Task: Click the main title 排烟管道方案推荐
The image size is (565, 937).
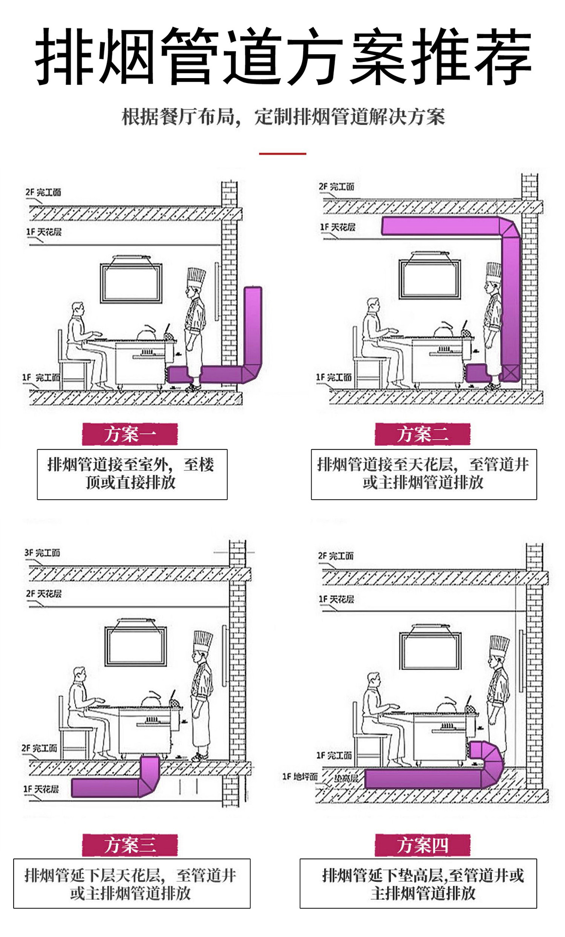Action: [283, 57]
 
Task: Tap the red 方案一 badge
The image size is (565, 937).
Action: [130, 434]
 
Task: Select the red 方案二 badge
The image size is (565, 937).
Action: [422, 434]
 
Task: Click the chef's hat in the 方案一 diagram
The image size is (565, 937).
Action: [196, 276]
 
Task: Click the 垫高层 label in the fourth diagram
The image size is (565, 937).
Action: [346, 778]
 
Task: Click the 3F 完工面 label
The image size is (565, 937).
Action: [42, 553]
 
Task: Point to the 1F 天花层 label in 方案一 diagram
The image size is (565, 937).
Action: [44, 232]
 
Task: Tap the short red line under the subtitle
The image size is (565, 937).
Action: [282, 153]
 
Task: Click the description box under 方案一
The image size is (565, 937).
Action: [132, 474]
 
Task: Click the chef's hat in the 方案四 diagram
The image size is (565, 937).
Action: [499, 645]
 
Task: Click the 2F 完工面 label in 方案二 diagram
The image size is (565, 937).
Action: [336, 187]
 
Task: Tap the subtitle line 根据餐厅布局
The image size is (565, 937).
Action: [283, 117]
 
